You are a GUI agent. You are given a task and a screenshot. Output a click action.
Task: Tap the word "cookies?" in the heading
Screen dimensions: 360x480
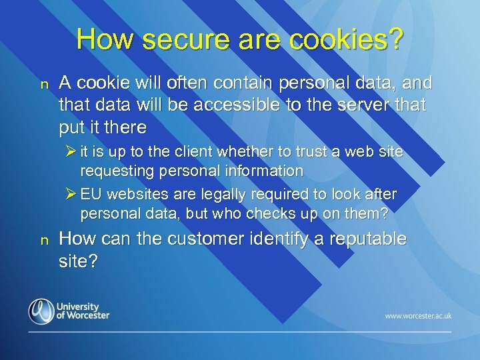(347, 39)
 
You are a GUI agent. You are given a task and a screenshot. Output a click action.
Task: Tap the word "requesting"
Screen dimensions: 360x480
(115, 171)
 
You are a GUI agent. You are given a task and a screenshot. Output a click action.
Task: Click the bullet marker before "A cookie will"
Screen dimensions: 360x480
(45, 85)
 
